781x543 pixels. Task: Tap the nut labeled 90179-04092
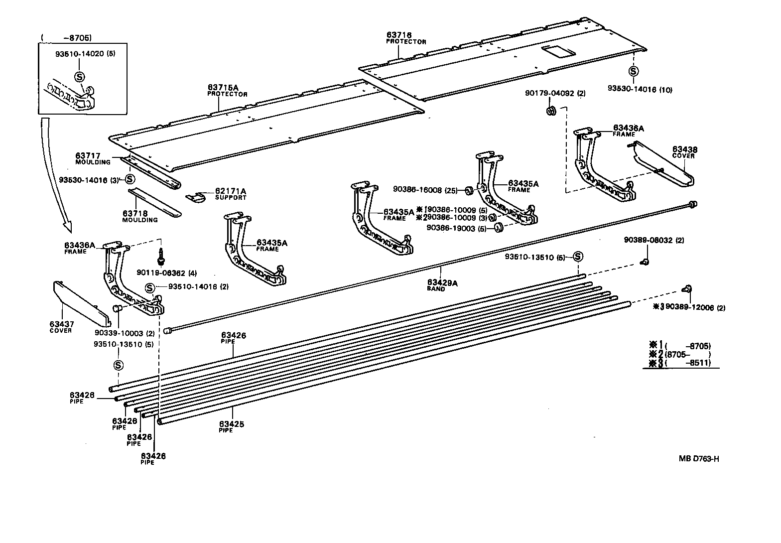(x=551, y=111)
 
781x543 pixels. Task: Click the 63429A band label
(x=442, y=283)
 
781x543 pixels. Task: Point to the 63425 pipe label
(x=232, y=424)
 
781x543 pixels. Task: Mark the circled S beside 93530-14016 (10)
(x=633, y=72)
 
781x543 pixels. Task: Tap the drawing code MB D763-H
(x=698, y=458)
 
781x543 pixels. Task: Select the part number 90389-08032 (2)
(x=653, y=240)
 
